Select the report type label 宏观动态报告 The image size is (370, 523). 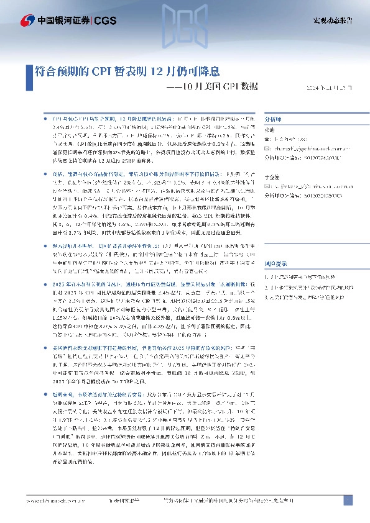(332, 20)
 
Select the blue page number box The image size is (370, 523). (348, 500)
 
